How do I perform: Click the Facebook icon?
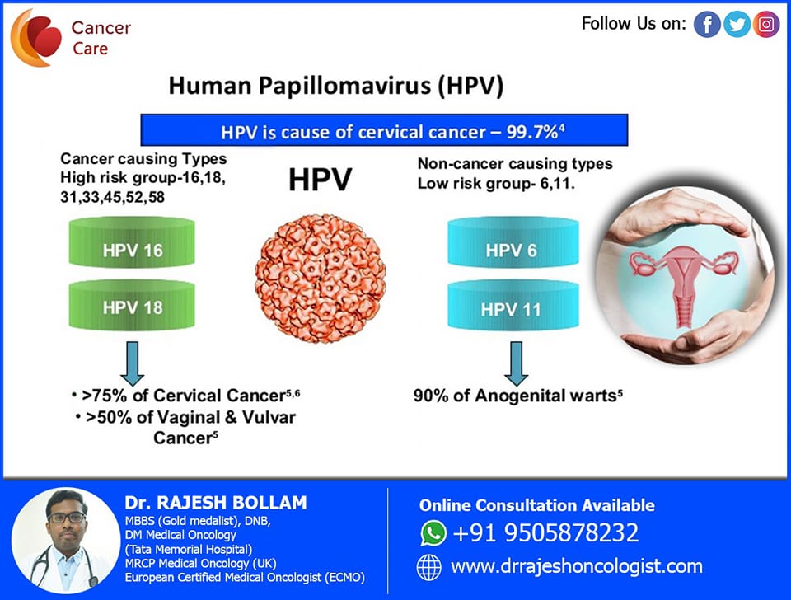tap(707, 24)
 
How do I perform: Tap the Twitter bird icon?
tap(737, 24)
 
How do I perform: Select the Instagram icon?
tap(766, 24)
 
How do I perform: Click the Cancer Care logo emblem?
tap(35, 38)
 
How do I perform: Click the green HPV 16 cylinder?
tap(132, 242)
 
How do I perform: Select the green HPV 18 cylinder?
tap(132, 305)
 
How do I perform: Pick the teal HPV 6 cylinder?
tap(513, 241)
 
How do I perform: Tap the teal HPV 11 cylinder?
tap(513, 305)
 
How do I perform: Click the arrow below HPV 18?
tap(132, 363)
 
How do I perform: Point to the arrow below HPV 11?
tap(516, 363)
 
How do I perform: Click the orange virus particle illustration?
tap(321, 279)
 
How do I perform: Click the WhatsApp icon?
tap(433, 533)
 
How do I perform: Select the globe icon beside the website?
tap(428, 567)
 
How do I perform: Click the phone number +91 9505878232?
tap(545, 533)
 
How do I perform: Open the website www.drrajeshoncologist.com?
tap(577, 567)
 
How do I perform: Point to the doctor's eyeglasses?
tap(66, 518)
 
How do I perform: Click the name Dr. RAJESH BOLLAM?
tap(216, 503)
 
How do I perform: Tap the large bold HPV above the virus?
tap(320, 180)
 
